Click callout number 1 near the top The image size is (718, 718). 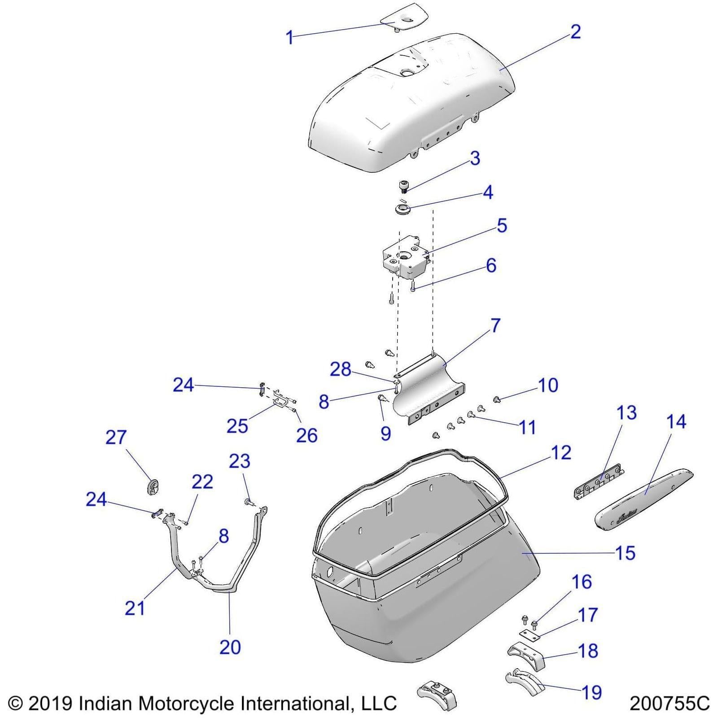pyautogui.click(x=290, y=37)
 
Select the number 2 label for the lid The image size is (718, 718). pyautogui.click(x=575, y=31)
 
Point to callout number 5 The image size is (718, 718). pyautogui.click(x=502, y=225)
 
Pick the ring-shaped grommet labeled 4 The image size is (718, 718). pyautogui.click(x=403, y=209)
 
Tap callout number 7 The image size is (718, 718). pyautogui.click(x=495, y=325)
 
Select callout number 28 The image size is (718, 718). pyautogui.click(x=341, y=369)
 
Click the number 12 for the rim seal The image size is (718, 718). pyautogui.click(x=561, y=452)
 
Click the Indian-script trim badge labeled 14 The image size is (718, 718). pyautogui.click(x=644, y=501)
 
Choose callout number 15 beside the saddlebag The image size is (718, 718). pyautogui.click(x=626, y=553)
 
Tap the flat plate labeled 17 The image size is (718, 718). pyautogui.click(x=530, y=633)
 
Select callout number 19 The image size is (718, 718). pyautogui.click(x=591, y=692)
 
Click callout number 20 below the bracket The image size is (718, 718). pyautogui.click(x=230, y=647)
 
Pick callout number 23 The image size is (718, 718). pyautogui.click(x=240, y=461)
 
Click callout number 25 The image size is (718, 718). pyautogui.click(x=237, y=425)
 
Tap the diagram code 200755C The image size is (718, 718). pyautogui.click(x=670, y=703)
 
